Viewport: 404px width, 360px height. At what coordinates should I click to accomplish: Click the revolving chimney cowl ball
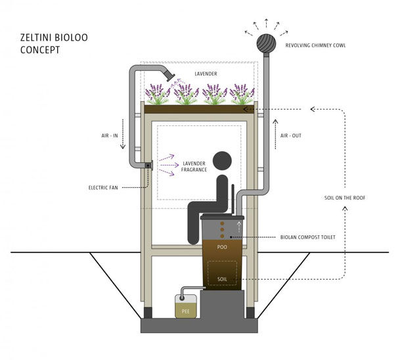pos(266,43)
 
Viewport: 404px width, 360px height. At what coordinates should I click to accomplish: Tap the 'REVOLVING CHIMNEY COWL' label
pos(315,45)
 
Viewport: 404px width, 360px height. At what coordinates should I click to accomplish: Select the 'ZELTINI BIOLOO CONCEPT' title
pos(54,43)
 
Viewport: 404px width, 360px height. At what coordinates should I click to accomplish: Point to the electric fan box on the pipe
pos(148,165)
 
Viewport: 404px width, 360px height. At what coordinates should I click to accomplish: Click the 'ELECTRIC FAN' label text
pos(103,188)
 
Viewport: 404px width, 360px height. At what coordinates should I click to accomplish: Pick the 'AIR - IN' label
pos(110,135)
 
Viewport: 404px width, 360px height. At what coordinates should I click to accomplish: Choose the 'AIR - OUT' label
pos(291,135)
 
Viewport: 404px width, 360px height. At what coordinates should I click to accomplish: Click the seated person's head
pos(222,161)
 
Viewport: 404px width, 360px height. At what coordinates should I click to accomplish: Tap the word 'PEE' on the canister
pos(185,311)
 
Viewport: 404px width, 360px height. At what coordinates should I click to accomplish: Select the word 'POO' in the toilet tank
pos(222,247)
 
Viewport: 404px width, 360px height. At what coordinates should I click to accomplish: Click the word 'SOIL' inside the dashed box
pos(222,279)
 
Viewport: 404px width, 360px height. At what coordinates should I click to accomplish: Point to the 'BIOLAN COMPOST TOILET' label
pos(308,237)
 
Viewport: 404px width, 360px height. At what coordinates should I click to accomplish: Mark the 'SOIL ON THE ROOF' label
pos(345,198)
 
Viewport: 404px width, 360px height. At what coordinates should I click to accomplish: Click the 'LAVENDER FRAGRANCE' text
pos(194,166)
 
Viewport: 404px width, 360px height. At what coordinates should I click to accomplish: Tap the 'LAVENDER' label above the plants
pos(206,74)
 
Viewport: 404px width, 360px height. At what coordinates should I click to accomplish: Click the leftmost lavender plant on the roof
pos(157,95)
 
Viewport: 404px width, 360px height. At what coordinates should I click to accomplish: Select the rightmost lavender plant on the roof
pos(242,95)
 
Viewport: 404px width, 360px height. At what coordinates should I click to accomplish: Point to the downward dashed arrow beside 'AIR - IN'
pos(123,134)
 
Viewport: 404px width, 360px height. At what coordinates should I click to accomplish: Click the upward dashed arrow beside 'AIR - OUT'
pos(276,134)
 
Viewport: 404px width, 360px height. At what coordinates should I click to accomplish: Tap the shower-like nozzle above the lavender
pos(170,77)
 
